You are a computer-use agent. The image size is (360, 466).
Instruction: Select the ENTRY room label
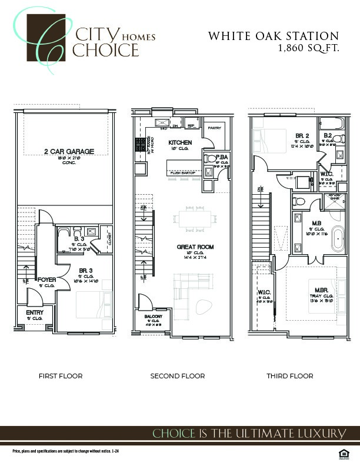(26, 312)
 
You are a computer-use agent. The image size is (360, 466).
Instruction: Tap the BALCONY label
(154, 317)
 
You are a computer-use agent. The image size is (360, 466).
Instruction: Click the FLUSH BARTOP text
(180, 173)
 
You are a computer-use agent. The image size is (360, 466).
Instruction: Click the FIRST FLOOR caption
(61, 376)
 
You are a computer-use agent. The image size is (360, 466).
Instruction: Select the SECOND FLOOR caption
(178, 376)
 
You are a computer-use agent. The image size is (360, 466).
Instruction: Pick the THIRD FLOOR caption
(290, 376)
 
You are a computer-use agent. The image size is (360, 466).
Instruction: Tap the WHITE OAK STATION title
(274, 36)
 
